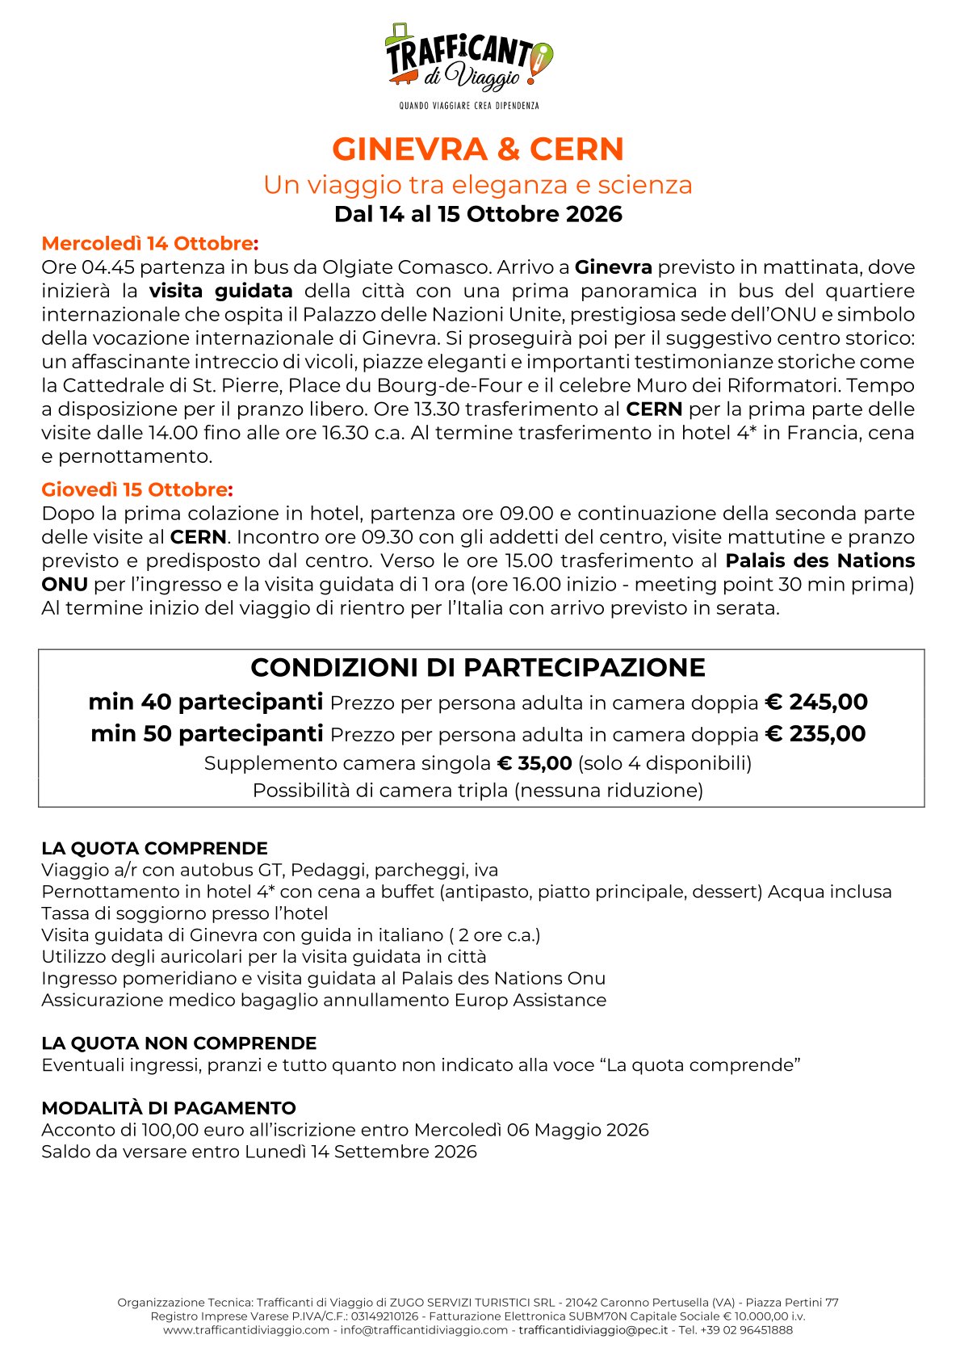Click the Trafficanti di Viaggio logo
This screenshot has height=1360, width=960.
coord(469,57)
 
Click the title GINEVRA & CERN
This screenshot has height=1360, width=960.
coord(478,149)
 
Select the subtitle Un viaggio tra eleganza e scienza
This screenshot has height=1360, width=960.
coord(478,185)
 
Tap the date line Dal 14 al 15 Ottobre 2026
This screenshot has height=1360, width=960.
coord(478,214)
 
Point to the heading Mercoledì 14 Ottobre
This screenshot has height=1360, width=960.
coord(150,243)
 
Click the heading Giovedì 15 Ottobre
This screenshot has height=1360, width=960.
coord(137,489)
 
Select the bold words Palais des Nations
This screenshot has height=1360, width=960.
coord(820,560)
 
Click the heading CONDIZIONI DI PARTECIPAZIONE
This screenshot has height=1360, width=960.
coord(478,668)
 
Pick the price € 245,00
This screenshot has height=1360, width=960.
coord(816,702)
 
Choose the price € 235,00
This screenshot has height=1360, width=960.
coord(815,734)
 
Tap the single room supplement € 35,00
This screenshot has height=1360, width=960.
coord(534,763)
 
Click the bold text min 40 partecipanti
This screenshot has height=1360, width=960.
coord(206,702)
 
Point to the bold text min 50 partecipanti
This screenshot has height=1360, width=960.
coord(207,734)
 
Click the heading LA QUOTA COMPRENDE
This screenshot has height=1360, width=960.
coord(154,848)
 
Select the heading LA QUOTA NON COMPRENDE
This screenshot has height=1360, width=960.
coord(178,1043)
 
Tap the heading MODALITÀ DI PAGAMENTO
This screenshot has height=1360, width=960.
coord(169,1108)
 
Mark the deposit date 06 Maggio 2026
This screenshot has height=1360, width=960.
coord(578,1130)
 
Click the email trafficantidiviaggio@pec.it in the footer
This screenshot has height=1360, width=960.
coord(593,1330)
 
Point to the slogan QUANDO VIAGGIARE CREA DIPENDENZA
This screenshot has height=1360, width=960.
coord(469,106)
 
